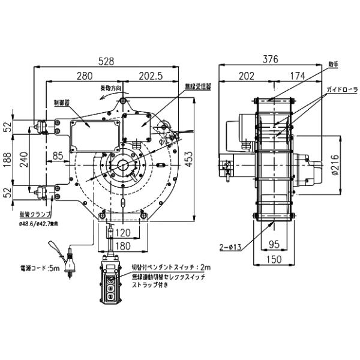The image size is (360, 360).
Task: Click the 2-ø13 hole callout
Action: click(230, 247)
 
